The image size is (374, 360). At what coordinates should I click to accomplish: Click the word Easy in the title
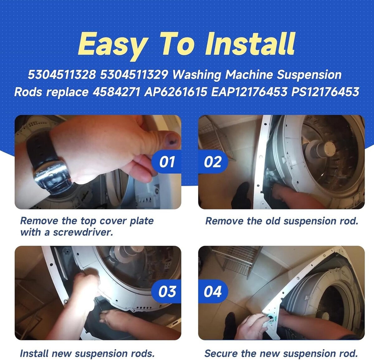113,46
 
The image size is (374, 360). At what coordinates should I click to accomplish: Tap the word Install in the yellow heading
249,44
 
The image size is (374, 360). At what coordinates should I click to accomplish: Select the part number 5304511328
62,74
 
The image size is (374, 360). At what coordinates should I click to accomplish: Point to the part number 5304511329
134,74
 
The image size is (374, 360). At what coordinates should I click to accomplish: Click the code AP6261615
176,92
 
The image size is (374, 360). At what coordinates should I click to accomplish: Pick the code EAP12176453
249,92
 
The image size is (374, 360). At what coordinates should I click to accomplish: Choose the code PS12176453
325,92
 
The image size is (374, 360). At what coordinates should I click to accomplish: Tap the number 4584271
116,92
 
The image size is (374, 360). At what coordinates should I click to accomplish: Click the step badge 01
166,162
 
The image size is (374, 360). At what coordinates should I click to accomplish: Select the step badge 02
213,162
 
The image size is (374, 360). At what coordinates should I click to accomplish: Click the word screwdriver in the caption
83,233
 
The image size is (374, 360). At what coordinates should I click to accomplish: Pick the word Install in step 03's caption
34,353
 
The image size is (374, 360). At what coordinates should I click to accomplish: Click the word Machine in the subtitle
249,74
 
